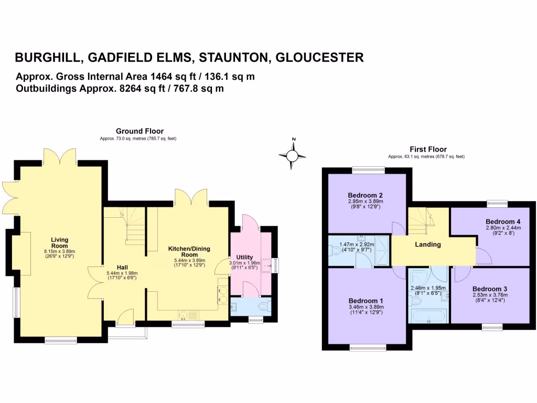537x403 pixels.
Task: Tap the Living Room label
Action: click(x=60, y=243)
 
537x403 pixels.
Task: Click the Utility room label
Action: click(x=244, y=257)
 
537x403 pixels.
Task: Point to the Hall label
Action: click(x=122, y=267)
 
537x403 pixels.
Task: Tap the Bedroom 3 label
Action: click(x=490, y=289)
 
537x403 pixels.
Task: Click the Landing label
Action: click(x=428, y=245)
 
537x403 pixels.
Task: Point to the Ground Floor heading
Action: click(x=139, y=131)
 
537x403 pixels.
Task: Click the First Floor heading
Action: click(x=428, y=150)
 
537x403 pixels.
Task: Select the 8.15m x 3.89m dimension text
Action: click(x=60, y=251)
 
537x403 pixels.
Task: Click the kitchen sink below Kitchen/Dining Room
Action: click(x=187, y=315)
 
